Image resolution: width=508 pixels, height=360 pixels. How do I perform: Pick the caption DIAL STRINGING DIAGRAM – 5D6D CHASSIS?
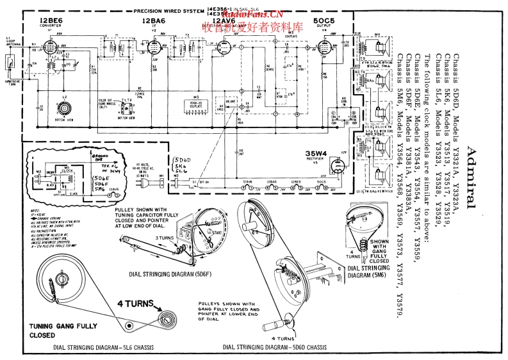click(x=272, y=347)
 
